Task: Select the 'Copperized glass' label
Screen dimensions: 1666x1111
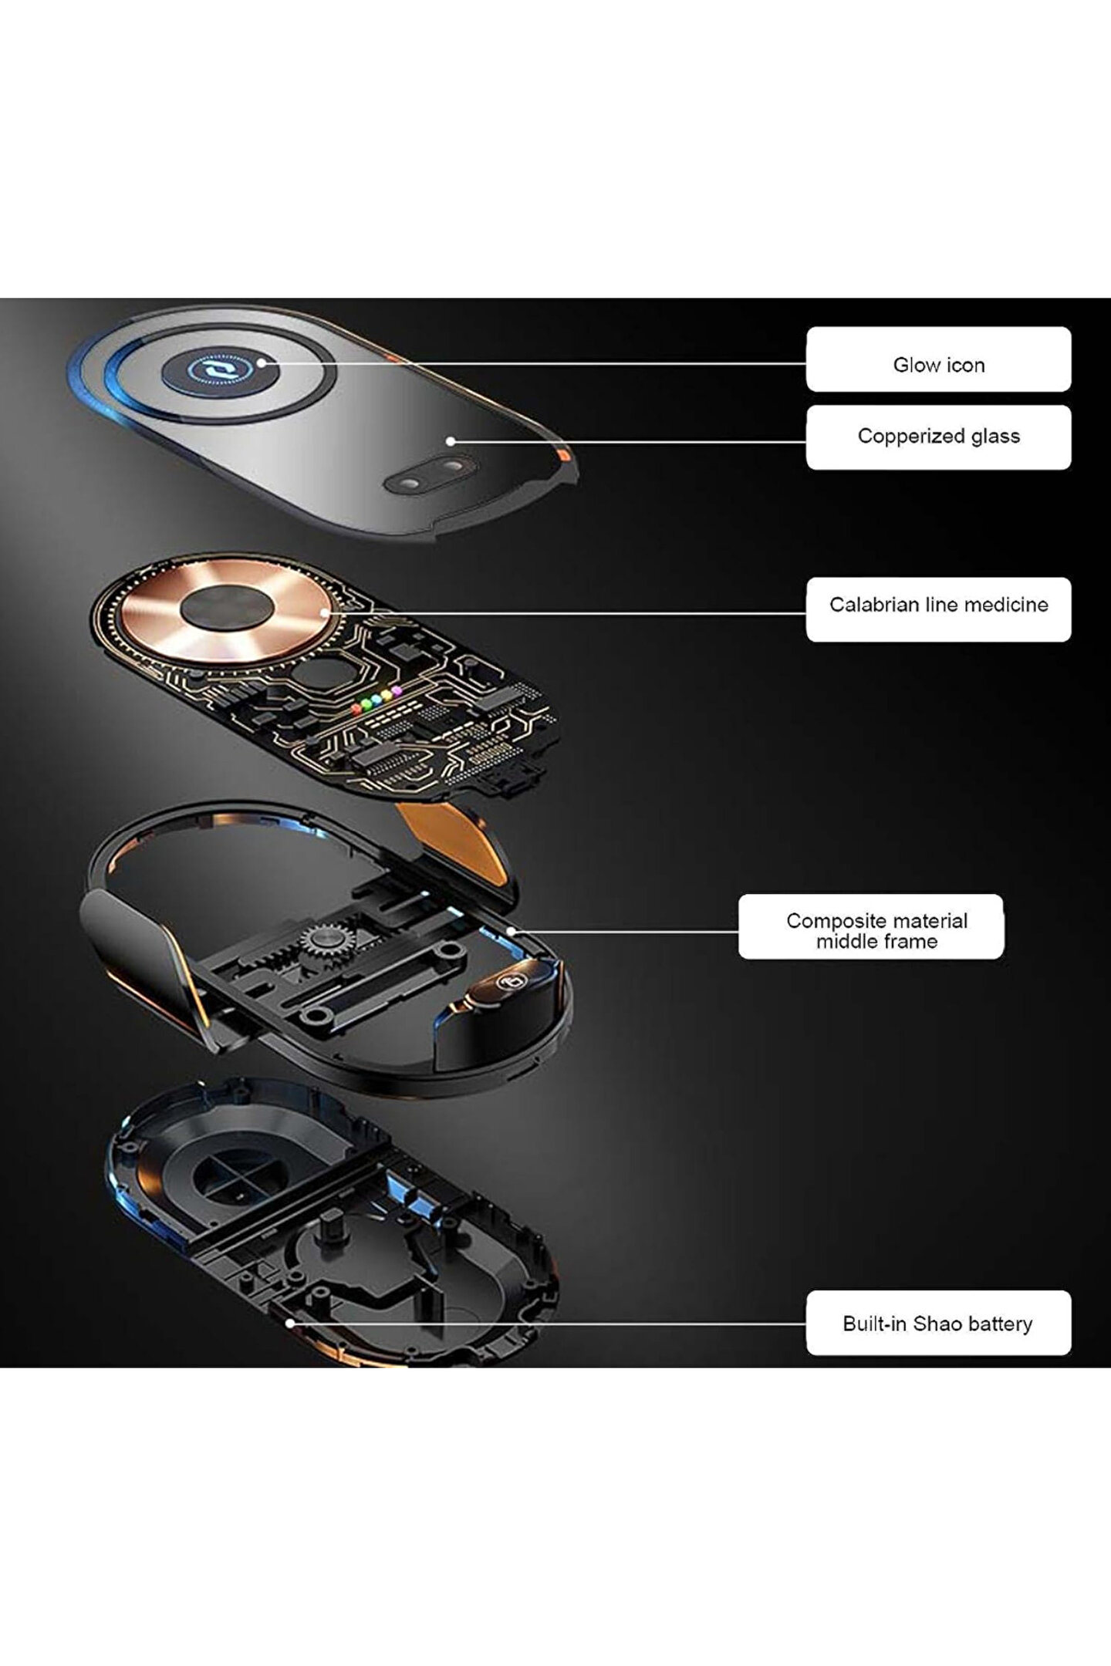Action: (x=938, y=437)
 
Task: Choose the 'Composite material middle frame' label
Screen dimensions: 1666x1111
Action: (x=870, y=926)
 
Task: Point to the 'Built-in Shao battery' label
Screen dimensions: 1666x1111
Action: (x=938, y=1323)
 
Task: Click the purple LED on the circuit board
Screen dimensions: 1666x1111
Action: (x=397, y=690)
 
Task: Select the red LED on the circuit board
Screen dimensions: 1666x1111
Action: (x=356, y=707)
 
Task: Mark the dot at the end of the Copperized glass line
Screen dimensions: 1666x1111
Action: (x=451, y=441)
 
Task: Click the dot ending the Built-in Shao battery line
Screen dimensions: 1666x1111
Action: (x=290, y=1322)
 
